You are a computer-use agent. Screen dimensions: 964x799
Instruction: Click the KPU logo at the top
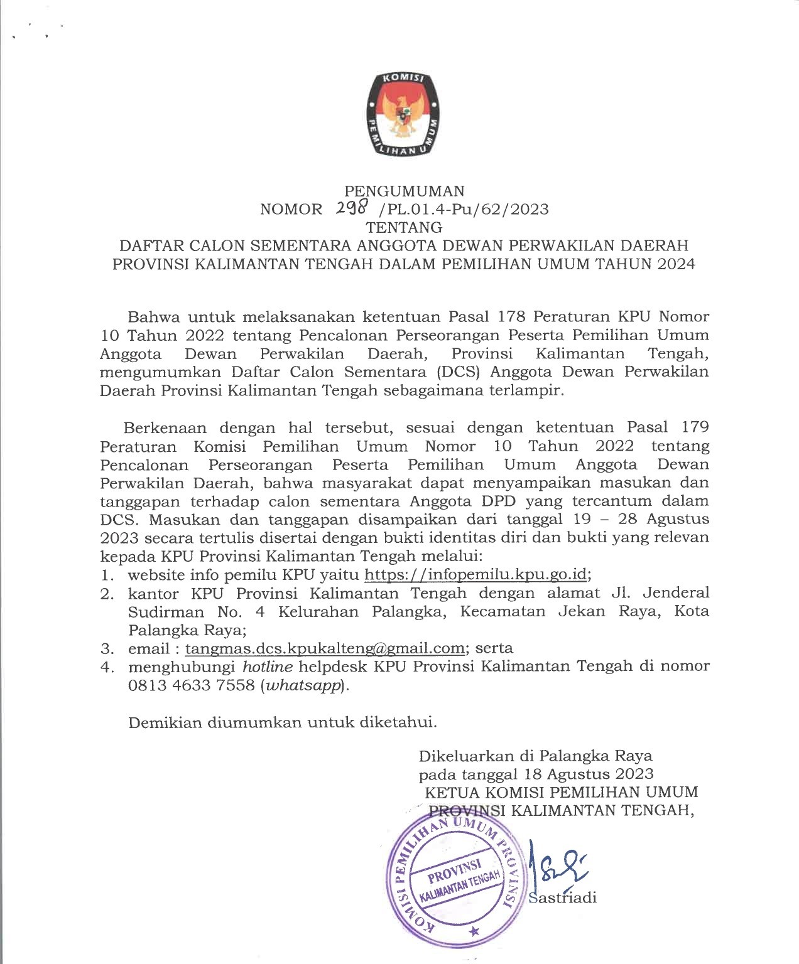[x=399, y=114]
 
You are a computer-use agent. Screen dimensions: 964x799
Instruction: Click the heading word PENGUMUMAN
[x=405, y=191]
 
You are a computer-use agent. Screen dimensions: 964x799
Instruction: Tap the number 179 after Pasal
[x=695, y=428]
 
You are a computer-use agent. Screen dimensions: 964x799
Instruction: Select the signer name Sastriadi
[x=563, y=898]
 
